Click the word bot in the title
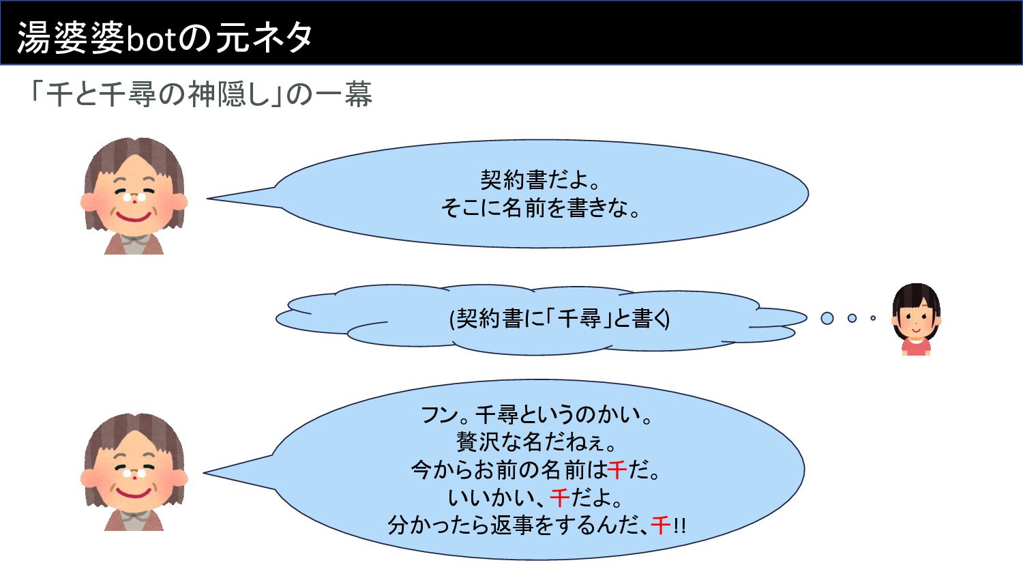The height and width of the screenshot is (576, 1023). pos(151,39)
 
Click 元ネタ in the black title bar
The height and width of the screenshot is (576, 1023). pos(265,38)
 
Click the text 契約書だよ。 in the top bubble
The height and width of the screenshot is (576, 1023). pos(540,179)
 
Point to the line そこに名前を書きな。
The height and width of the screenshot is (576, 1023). pos(540,207)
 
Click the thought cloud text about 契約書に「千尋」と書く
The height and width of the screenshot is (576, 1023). pos(560,318)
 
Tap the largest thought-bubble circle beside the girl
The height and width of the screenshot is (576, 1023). pos(827,318)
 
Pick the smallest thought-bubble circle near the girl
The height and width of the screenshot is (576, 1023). pos(873,318)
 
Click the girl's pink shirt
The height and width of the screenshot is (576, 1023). pos(916,347)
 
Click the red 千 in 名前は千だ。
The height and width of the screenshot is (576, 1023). pos(617,470)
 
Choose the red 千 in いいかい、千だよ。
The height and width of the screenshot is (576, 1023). pos(559,498)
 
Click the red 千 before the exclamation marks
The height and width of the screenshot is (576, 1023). pos(660,525)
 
